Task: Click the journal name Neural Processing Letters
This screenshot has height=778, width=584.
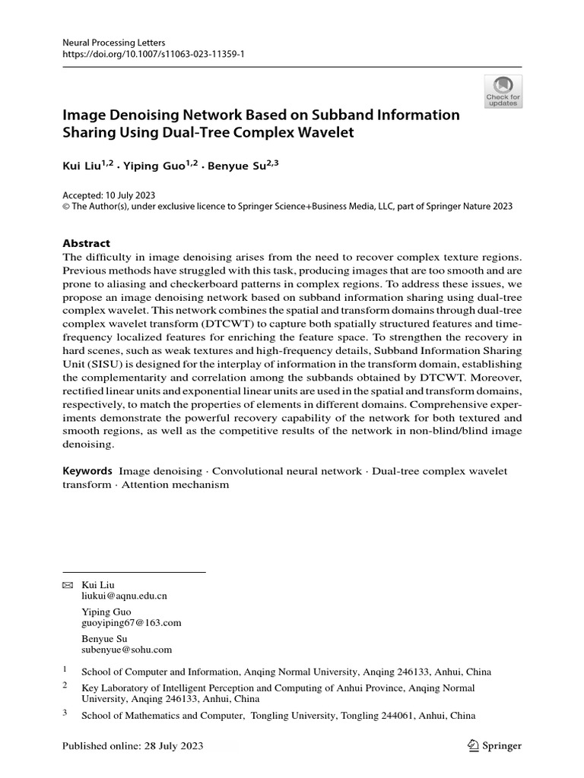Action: (113, 43)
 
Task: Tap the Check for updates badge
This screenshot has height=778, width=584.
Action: (503, 91)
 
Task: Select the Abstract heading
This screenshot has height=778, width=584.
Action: (86, 243)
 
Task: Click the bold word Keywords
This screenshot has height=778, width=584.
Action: (87, 471)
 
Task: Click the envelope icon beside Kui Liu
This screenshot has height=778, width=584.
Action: (68, 585)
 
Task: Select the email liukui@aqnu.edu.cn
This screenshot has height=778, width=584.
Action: (124, 597)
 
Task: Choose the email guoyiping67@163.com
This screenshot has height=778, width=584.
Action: (131, 623)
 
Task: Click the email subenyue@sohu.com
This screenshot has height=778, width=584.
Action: (126, 650)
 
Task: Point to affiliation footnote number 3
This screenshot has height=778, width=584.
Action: (65, 713)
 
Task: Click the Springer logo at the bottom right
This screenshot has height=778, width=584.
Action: (494, 746)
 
